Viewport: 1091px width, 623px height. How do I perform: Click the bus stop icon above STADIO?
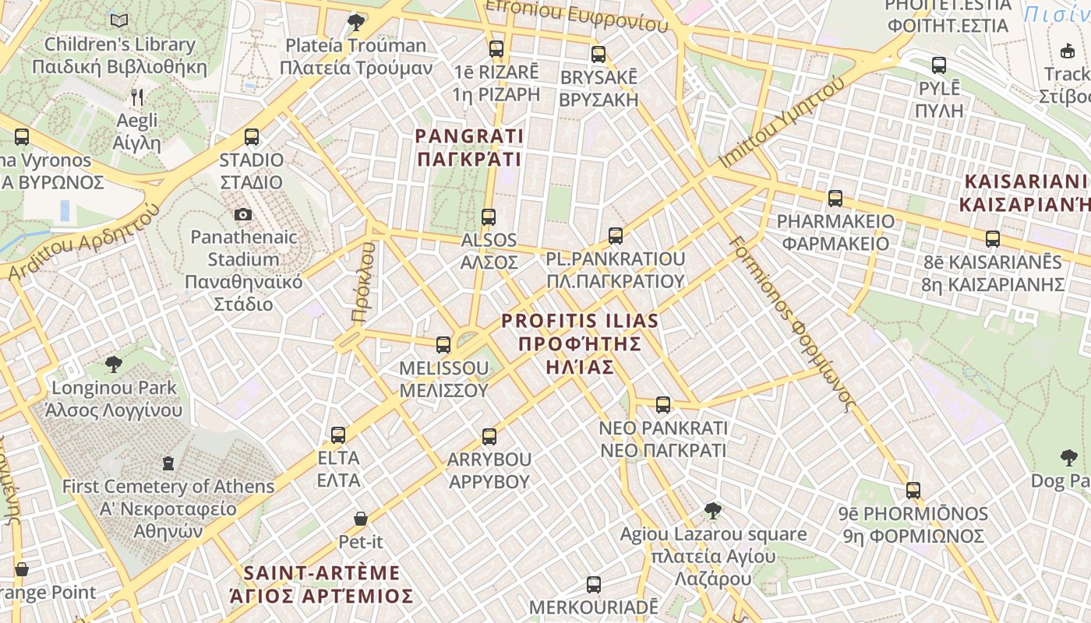point(251,137)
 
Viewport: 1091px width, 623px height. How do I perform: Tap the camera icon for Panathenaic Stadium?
point(243,214)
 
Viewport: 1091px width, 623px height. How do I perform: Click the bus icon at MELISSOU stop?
point(443,344)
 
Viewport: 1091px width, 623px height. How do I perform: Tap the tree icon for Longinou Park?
point(114,364)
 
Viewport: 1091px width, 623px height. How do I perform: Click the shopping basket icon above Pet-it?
point(361,518)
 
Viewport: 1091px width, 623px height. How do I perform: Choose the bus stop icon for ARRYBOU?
point(489,436)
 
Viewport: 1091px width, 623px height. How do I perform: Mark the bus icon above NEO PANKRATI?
point(663,405)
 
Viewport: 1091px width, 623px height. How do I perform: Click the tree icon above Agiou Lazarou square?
point(712,511)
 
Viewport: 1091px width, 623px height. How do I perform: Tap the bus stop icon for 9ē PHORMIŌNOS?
point(913,491)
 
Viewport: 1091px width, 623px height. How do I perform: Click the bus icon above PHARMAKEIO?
point(835,198)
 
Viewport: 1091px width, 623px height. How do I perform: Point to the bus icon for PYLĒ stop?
point(939,65)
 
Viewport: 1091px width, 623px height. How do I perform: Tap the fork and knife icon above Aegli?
point(137,97)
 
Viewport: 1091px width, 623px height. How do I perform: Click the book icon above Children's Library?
point(119,20)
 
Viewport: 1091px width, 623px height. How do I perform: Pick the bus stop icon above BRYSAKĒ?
point(598,55)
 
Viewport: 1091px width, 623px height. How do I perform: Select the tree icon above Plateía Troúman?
point(356,22)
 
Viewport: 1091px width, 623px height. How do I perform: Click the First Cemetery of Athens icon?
point(168,463)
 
